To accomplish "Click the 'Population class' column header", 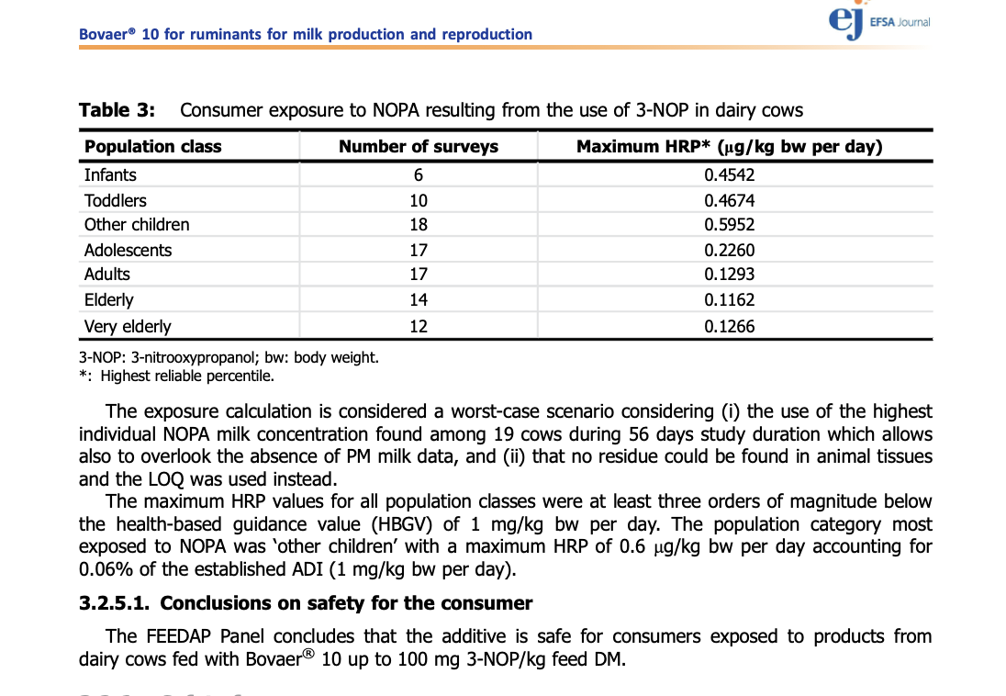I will pos(152,147).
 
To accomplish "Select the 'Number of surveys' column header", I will pos(419,147).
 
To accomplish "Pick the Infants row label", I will pos(110,175).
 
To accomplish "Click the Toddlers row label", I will pos(115,200).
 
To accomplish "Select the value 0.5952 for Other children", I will pos(730,225).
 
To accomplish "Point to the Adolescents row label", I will pos(128,250).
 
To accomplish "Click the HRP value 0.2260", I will pos(730,250).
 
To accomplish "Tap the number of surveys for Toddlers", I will pos(419,200).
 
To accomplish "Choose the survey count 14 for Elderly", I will pos(419,299).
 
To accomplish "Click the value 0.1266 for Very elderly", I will pos(730,326).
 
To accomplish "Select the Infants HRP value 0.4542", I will pos(730,175).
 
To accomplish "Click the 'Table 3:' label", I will pos(117,111).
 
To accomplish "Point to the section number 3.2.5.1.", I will pos(116,603).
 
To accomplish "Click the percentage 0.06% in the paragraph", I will pos(105,569).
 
